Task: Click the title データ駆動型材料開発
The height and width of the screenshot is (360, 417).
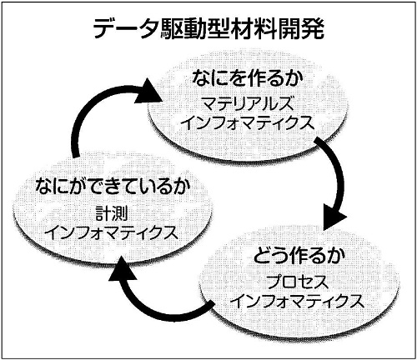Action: tap(208, 28)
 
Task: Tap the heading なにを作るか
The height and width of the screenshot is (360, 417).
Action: tap(248, 78)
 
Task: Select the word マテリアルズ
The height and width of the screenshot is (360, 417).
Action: tap(248, 103)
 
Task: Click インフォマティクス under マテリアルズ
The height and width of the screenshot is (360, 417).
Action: tap(249, 122)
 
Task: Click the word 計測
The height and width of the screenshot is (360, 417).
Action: tap(112, 213)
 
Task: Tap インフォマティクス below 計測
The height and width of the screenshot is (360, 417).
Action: tap(113, 232)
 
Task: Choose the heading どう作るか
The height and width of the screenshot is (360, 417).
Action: tap(299, 256)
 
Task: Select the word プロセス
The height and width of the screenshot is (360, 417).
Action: tap(298, 282)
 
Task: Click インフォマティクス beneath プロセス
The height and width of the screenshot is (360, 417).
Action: tap(298, 301)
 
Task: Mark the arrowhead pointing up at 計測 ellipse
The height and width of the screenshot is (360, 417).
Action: tap(123, 269)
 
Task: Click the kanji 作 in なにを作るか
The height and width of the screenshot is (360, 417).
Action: tap(256, 78)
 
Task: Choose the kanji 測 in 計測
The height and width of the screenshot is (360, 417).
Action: tap(120, 213)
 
